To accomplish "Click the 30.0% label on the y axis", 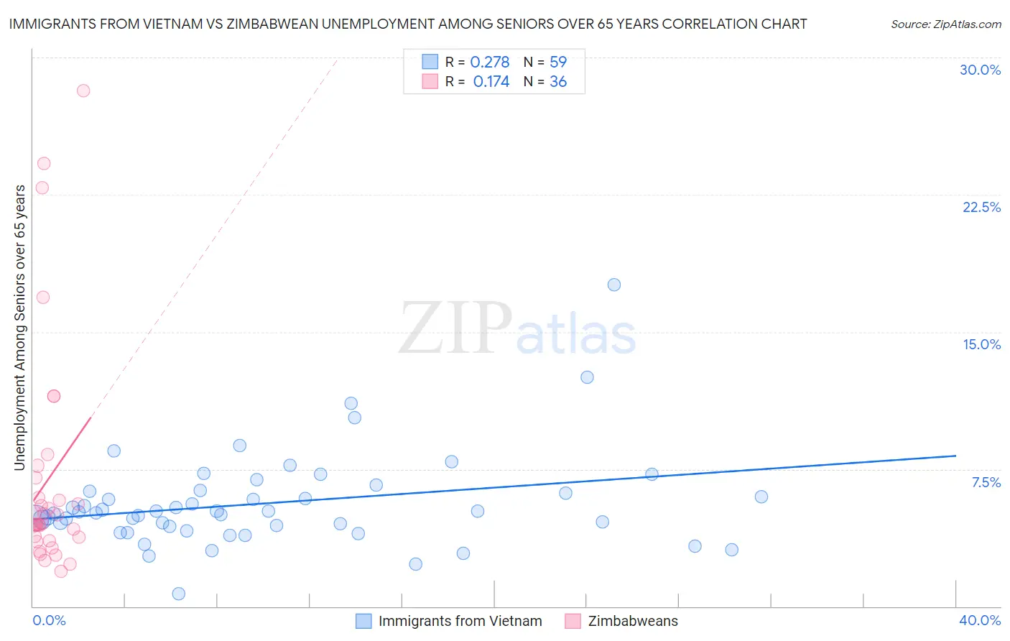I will tap(980, 70).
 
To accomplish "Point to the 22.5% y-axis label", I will tap(981, 207).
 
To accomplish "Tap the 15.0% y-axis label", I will tap(981, 344).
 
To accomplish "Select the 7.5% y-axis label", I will tap(986, 482).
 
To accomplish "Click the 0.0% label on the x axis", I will tap(49, 620).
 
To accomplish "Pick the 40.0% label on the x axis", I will tap(979, 620).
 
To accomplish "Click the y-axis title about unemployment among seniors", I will tap(19, 328).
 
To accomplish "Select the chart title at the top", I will tap(407, 24).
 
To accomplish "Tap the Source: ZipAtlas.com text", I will tap(945, 24).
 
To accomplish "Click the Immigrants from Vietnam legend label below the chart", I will tap(460, 621).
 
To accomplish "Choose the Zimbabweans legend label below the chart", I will tap(632, 621).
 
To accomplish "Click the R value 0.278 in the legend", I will tap(490, 63).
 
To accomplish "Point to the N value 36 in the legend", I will tap(558, 82).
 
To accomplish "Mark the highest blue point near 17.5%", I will tap(614, 285).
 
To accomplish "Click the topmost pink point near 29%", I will tap(83, 91).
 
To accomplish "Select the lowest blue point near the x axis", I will tap(179, 594).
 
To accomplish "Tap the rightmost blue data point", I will tap(761, 497).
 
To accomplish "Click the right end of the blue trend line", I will tap(955, 456).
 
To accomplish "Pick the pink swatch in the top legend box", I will tap(430, 81).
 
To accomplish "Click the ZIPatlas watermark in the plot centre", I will tap(517, 329).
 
